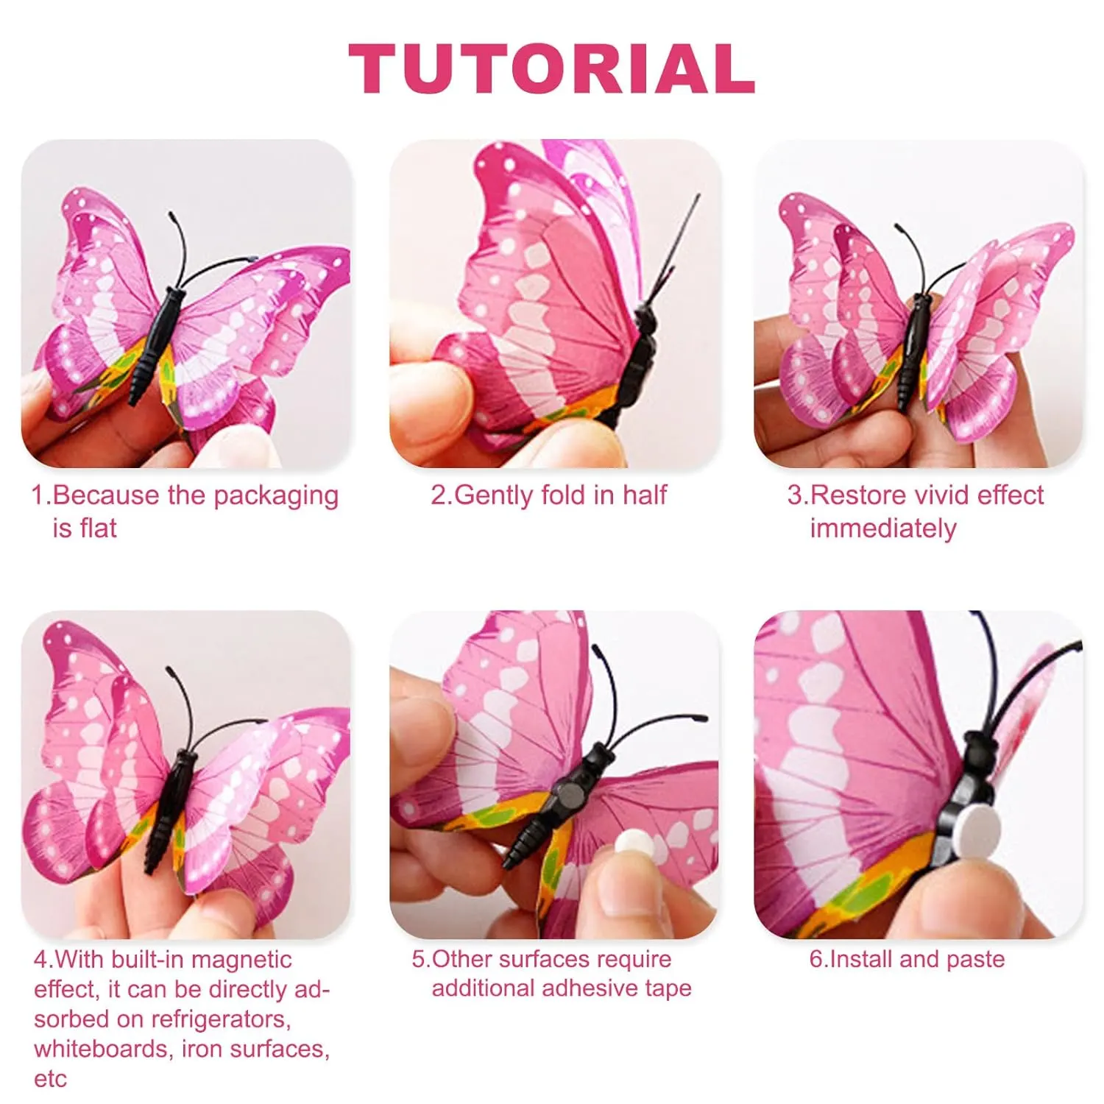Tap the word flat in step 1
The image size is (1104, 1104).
point(99,528)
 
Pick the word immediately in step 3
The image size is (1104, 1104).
point(882,528)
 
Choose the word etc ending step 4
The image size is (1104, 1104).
point(50,1079)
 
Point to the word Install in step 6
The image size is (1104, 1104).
point(861,959)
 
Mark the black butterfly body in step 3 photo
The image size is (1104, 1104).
point(916,346)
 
